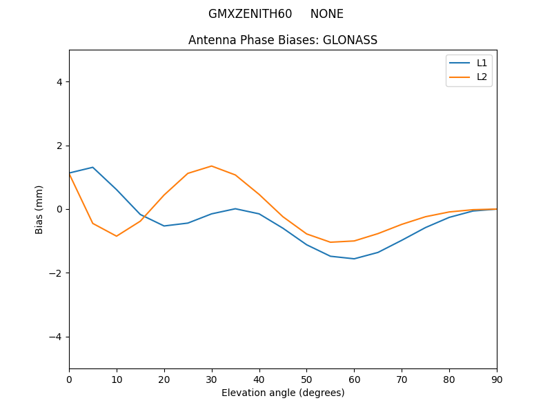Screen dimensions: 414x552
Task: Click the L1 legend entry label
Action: tap(482, 63)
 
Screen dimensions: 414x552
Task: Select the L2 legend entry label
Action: tap(482, 77)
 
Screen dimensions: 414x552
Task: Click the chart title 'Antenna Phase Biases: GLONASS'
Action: tap(283, 40)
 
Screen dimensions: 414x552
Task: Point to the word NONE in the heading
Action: tap(326, 14)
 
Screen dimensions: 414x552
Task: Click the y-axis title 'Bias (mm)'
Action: tap(39, 209)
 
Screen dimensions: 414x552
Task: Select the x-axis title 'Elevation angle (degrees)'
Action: tap(283, 393)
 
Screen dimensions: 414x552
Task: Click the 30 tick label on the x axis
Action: tap(212, 379)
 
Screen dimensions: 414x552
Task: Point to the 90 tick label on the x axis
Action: tap(497, 379)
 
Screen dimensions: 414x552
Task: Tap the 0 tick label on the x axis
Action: tap(69, 379)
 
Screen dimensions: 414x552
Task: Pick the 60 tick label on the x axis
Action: tap(354, 379)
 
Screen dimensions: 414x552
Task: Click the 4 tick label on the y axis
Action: tap(59, 82)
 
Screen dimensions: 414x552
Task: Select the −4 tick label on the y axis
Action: tap(56, 337)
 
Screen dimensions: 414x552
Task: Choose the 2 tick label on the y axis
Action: tap(59, 146)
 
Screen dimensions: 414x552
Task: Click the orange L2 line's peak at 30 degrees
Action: tap(212, 166)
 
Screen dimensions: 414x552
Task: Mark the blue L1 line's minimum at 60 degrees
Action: tap(354, 259)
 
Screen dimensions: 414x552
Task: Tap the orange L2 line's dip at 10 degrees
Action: tap(117, 236)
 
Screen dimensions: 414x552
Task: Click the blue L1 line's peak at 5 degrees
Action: tap(92, 167)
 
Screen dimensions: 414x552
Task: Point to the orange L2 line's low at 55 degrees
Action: tap(331, 242)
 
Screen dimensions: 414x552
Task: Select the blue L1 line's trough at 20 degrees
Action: tap(164, 226)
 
